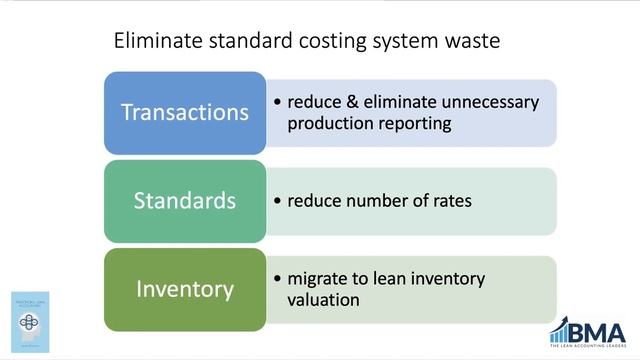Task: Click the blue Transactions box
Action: coord(185,112)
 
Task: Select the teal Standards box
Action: coord(185,200)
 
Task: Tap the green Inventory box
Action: coord(185,289)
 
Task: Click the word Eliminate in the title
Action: coord(156,42)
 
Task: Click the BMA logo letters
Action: coord(599,331)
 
